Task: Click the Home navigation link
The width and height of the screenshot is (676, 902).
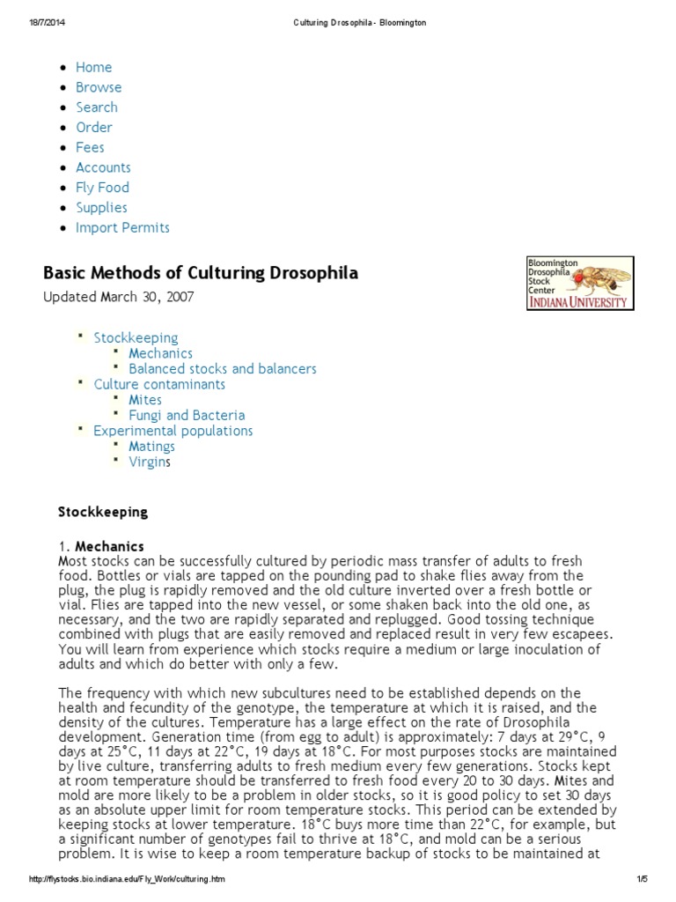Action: (x=93, y=67)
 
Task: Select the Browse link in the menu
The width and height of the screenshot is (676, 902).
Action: (x=99, y=87)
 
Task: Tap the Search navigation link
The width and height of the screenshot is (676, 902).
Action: (x=96, y=107)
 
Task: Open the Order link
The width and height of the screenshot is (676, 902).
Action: (x=93, y=128)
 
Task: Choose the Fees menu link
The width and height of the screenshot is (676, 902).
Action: (x=90, y=147)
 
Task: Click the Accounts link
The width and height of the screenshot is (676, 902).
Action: (x=103, y=167)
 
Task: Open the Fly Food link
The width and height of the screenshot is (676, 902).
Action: (x=102, y=188)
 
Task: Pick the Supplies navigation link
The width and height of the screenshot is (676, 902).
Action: (x=101, y=208)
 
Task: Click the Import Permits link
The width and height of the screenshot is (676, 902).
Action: (x=122, y=228)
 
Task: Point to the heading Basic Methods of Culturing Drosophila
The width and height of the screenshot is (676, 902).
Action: (x=201, y=273)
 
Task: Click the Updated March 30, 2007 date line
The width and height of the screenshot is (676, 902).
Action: (x=119, y=297)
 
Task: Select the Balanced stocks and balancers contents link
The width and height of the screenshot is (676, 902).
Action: (x=223, y=369)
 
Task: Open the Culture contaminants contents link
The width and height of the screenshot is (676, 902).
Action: (x=159, y=384)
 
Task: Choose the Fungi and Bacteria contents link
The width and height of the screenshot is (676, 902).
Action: (x=187, y=415)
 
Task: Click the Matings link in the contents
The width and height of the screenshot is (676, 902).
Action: (x=151, y=447)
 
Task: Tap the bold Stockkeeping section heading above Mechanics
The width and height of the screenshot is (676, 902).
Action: (x=103, y=512)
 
